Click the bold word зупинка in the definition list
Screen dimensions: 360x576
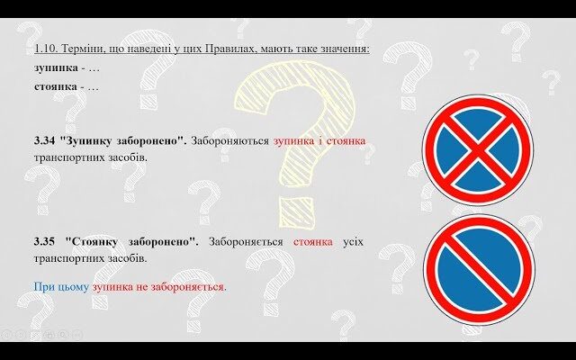tap(55, 67)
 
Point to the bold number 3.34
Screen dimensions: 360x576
tap(44, 141)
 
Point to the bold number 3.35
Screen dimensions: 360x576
tap(44, 242)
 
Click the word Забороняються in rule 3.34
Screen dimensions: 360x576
tap(232, 141)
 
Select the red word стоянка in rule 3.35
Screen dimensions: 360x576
tap(313, 242)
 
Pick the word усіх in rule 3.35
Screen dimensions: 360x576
tap(353, 242)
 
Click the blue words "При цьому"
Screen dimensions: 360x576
tap(60, 287)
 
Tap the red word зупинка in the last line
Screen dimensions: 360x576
tap(113, 287)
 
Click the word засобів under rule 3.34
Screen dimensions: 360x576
tap(125, 157)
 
